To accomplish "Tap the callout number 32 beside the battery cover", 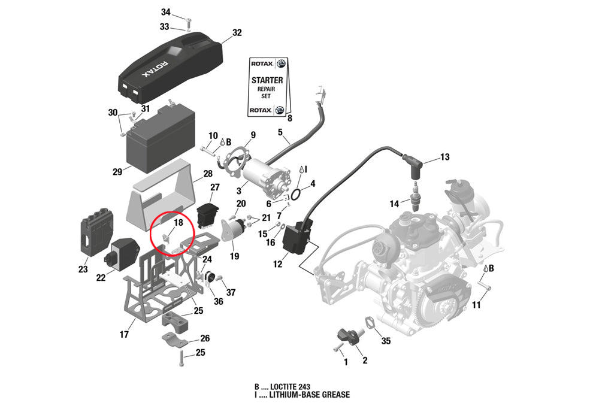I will pyautogui.click(x=237, y=33).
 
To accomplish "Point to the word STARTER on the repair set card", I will pyautogui.click(x=267, y=80).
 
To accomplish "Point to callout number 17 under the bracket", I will pyautogui.click(x=124, y=334).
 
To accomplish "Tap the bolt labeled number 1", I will pyautogui.click(x=338, y=346).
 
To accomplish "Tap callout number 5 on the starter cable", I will pyautogui.click(x=279, y=132).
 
